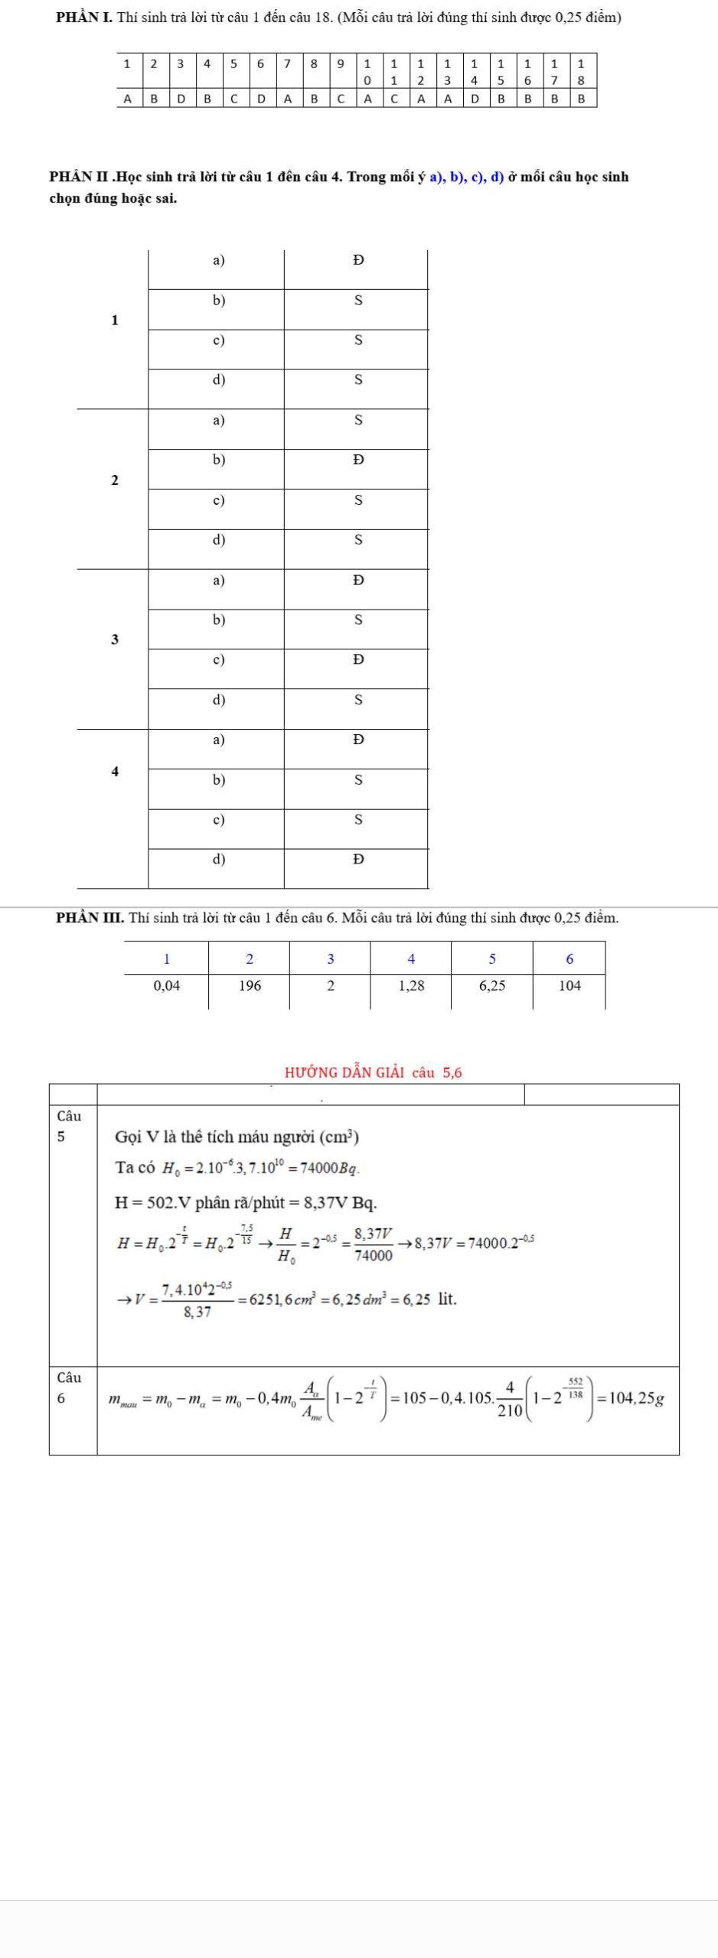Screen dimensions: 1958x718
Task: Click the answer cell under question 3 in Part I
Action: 181,98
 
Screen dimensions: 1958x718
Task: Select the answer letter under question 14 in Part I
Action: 475,98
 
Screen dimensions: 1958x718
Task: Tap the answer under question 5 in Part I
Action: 234,98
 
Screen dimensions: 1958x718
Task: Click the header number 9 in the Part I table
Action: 341,63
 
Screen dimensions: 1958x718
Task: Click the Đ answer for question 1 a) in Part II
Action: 357,261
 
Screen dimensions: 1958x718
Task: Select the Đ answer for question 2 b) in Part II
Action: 357,460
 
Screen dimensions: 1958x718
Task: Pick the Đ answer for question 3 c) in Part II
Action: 357,659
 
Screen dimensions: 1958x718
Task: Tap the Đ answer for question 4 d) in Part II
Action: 357,859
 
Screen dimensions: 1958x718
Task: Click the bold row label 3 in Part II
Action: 115,639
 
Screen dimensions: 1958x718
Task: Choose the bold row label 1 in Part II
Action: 115,320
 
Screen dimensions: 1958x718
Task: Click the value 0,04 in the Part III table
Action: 167,986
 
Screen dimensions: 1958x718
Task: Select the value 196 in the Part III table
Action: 250,986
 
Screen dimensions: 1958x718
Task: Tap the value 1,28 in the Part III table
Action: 411,986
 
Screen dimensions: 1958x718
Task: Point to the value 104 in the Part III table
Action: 570,986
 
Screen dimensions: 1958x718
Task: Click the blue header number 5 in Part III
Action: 492,959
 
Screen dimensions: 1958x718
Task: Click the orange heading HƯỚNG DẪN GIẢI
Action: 345,1072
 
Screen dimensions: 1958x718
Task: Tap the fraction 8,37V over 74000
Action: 374,1244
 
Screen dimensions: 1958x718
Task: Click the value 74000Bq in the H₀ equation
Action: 330,1169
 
